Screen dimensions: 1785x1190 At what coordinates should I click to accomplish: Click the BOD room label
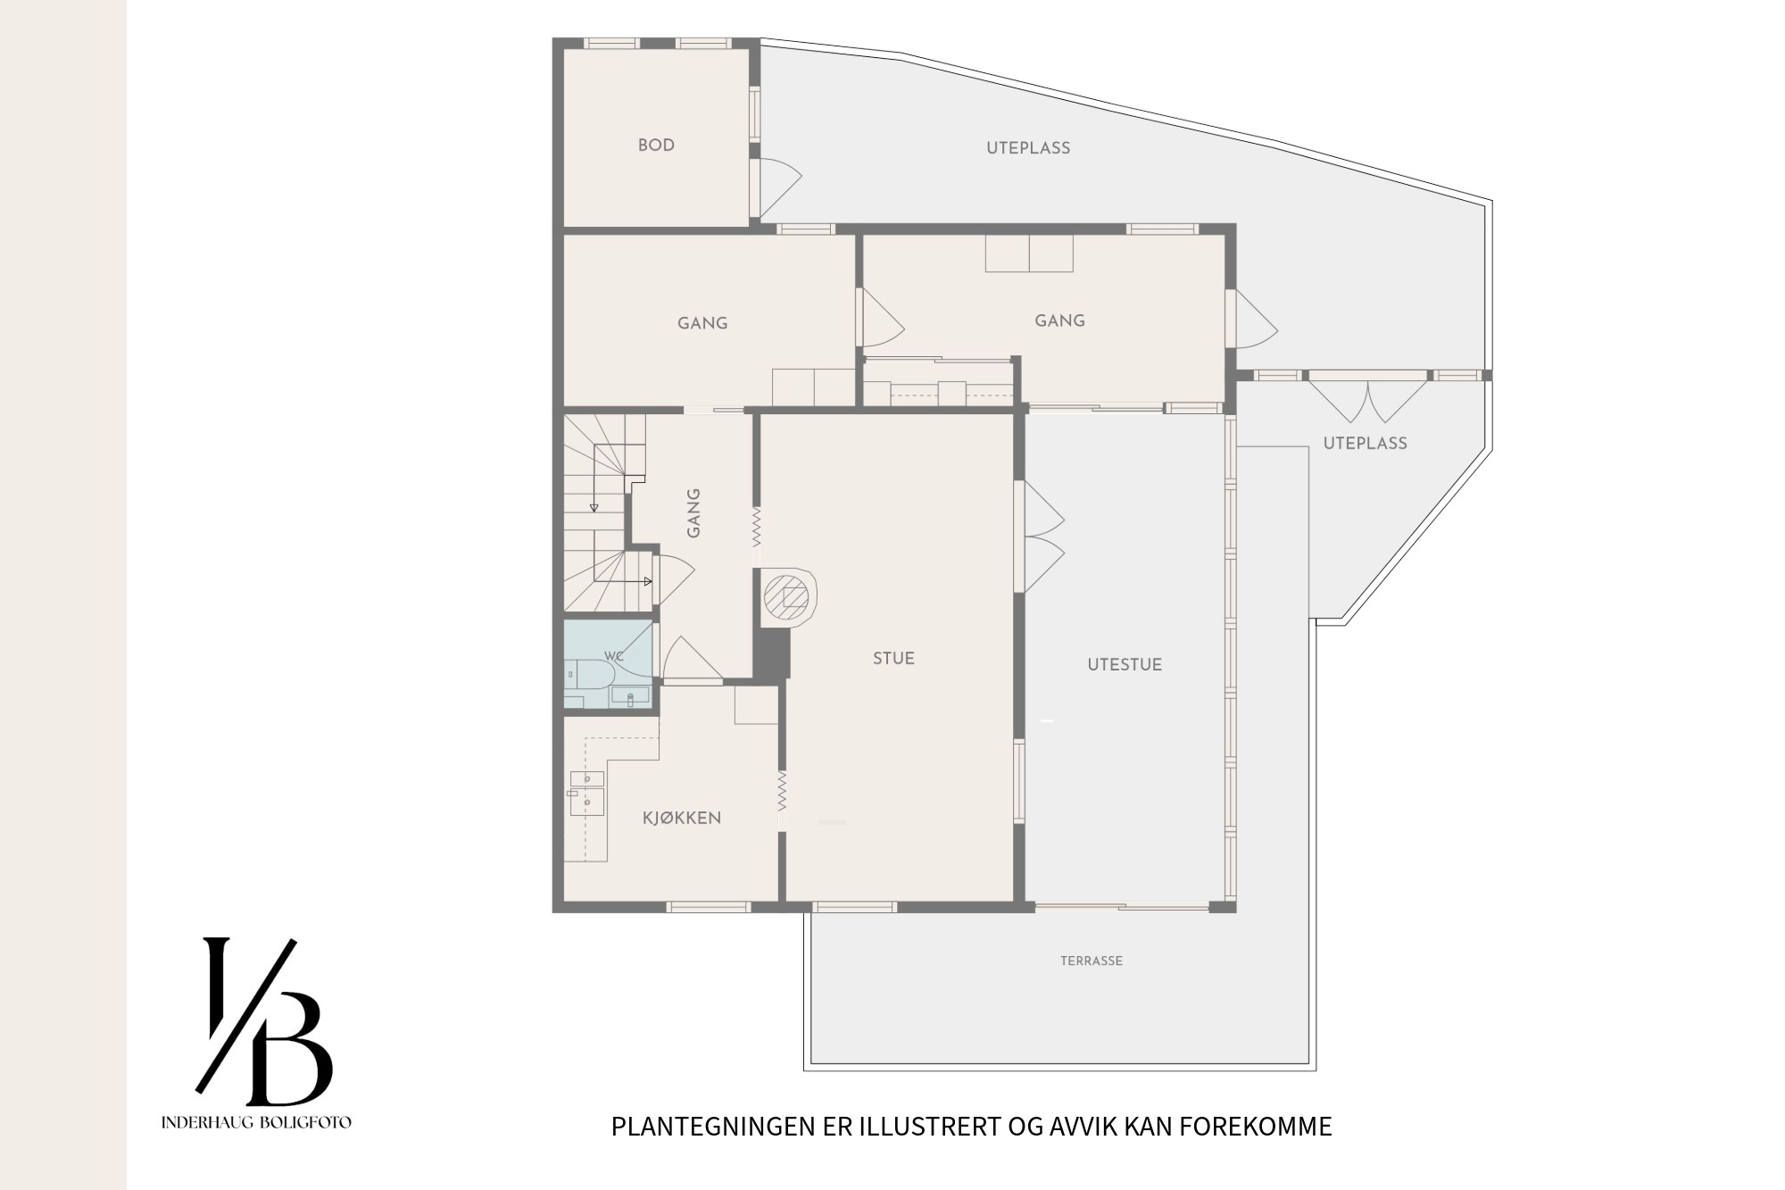pyautogui.click(x=656, y=146)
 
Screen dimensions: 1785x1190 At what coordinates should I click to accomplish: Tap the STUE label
pyautogui.click(x=893, y=659)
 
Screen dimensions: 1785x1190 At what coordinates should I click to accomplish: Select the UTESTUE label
pyautogui.click(x=1125, y=664)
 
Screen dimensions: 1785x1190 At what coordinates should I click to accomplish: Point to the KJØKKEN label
pyautogui.click(x=682, y=818)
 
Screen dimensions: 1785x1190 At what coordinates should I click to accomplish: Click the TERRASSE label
pyautogui.click(x=1092, y=961)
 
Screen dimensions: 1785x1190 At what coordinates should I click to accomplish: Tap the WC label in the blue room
pyautogui.click(x=613, y=656)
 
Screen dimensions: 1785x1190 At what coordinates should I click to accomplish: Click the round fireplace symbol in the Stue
pyautogui.click(x=789, y=596)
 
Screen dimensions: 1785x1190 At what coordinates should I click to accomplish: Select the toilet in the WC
pyautogui.click(x=586, y=674)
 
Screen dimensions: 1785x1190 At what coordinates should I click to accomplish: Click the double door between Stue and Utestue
pyautogui.click(x=1040, y=537)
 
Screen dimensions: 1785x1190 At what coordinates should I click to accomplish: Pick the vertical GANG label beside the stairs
pyautogui.click(x=693, y=512)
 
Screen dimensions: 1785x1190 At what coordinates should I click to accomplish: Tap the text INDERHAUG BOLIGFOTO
pyautogui.click(x=256, y=1122)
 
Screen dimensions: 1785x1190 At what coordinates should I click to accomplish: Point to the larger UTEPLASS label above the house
pyautogui.click(x=1028, y=148)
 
